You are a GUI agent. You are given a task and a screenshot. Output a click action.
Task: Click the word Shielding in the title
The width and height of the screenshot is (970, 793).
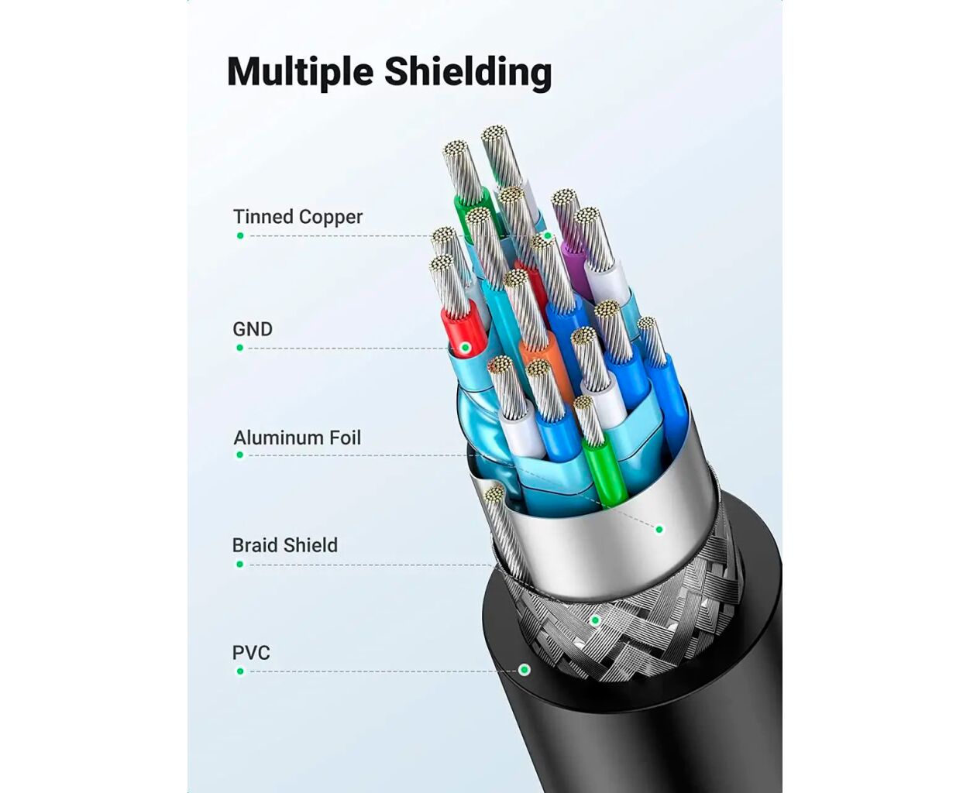click(x=468, y=71)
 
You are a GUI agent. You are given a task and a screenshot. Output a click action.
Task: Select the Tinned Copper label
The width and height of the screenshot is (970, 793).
click(x=298, y=217)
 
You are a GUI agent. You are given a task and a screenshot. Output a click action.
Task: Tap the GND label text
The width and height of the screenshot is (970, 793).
click(x=253, y=329)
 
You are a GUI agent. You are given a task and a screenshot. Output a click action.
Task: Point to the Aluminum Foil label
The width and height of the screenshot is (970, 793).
click(x=298, y=438)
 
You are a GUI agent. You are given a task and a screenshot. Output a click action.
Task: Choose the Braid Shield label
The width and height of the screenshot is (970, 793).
click(x=285, y=545)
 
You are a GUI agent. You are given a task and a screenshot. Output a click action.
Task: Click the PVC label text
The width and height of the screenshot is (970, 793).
click(x=251, y=653)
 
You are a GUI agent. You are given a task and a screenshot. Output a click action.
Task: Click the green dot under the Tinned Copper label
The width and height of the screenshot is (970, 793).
click(x=240, y=235)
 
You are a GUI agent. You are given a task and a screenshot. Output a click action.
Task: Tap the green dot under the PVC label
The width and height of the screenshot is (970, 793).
click(x=240, y=671)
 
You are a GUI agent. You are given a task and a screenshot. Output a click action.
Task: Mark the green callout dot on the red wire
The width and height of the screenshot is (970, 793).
click(x=465, y=348)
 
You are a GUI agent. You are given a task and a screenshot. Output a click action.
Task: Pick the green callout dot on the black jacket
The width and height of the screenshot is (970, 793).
click(x=525, y=669)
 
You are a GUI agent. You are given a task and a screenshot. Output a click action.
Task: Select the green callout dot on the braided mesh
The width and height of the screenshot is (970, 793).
click(x=595, y=620)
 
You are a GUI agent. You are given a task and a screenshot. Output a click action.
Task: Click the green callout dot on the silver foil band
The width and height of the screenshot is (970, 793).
click(x=659, y=530)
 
